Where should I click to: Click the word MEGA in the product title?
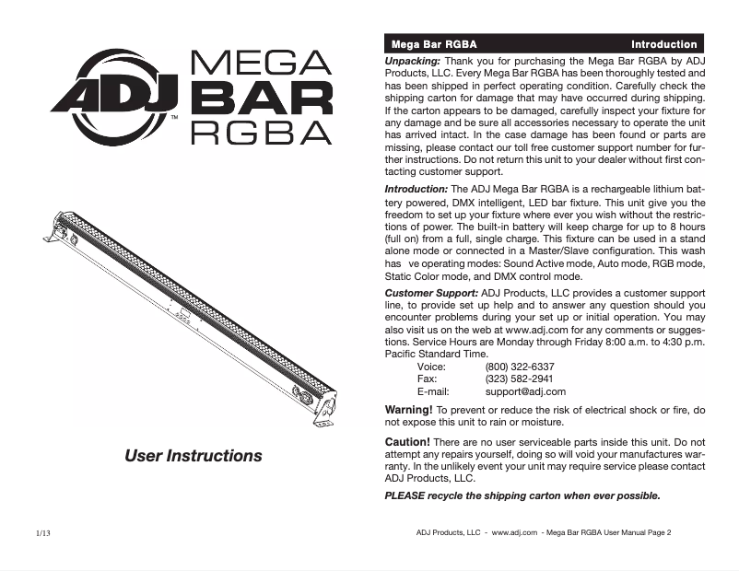click(x=260, y=64)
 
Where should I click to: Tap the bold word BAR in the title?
click(x=260, y=98)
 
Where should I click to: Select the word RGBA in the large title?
click(x=260, y=132)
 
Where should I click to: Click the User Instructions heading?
click(x=194, y=456)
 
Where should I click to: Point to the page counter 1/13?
click(x=43, y=533)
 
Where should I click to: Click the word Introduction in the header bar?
click(x=663, y=44)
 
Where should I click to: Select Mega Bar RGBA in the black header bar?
click(x=434, y=44)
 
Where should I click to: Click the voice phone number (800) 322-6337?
click(x=520, y=366)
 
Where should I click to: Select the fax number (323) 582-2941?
click(x=519, y=379)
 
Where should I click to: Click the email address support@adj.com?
click(x=525, y=391)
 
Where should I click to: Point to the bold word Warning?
click(x=407, y=409)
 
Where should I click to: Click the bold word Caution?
click(x=406, y=442)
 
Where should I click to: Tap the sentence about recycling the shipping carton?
click(x=522, y=495)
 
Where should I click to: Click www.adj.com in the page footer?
click(x=514, y=532)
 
